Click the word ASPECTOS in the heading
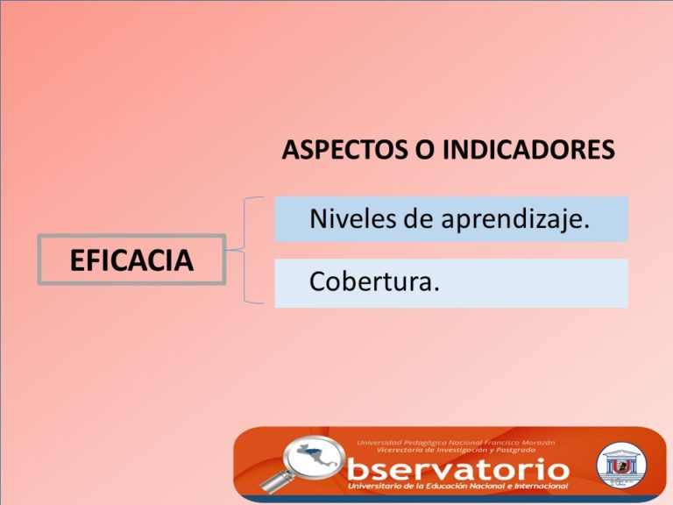[344, 150]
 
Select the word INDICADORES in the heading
[528, 150]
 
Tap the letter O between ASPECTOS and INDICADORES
[424, 150]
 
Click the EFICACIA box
[131, 260]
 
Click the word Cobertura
[371, 281]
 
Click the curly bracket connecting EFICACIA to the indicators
[244, 250]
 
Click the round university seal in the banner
[621, 466]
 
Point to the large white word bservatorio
[458, 469]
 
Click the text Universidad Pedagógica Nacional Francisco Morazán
[456, 442]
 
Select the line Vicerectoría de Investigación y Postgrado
[457, 450]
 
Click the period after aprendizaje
[586, 227]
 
